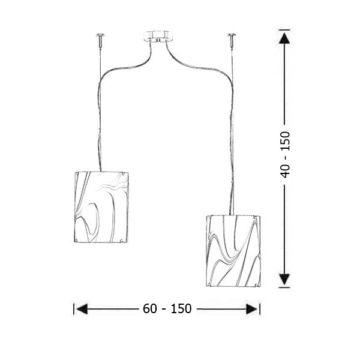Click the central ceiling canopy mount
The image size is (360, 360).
(158, 37)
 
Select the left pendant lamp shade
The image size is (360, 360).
(101, 207)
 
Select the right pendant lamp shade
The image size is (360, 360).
(233, 251)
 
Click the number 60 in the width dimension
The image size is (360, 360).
(150, 308)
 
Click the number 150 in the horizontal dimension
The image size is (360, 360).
(181, 308)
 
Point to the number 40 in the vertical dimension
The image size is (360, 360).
(286, 170)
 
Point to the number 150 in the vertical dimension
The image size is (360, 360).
(286, 142)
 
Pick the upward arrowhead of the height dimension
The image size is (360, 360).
(284, 38)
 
